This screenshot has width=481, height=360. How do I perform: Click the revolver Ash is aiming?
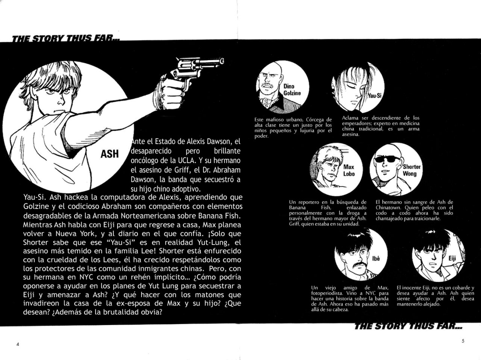point(195,70)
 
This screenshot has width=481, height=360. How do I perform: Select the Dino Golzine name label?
point(292,89)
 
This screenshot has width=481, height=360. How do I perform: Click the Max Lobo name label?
point(349,170)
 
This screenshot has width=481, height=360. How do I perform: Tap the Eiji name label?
point(452,259)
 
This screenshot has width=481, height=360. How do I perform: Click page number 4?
point(18,345)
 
